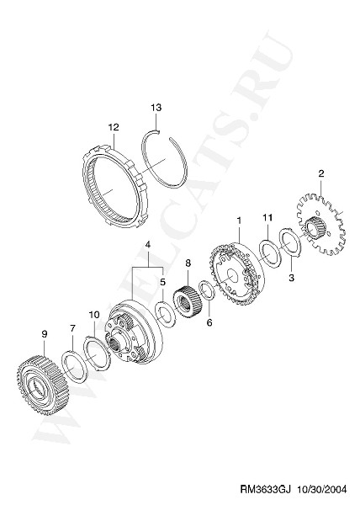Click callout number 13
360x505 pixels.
(x=156, y=107)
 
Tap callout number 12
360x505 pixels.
(x=114, y=127)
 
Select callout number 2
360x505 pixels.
(x=320, y=174)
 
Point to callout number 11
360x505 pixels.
(x=267, y=218)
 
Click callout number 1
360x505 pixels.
(x=239, y=221)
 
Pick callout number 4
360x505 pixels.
(x=148, y=246)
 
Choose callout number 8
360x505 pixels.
(x=188, y=263)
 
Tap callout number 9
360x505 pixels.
(x=45, y=334)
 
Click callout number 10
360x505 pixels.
(x=94, y=315)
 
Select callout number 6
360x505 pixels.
(x=209, y=322)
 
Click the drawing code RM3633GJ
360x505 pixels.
(x=266, y=490)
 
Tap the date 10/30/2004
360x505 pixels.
(x=322, y=490)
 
